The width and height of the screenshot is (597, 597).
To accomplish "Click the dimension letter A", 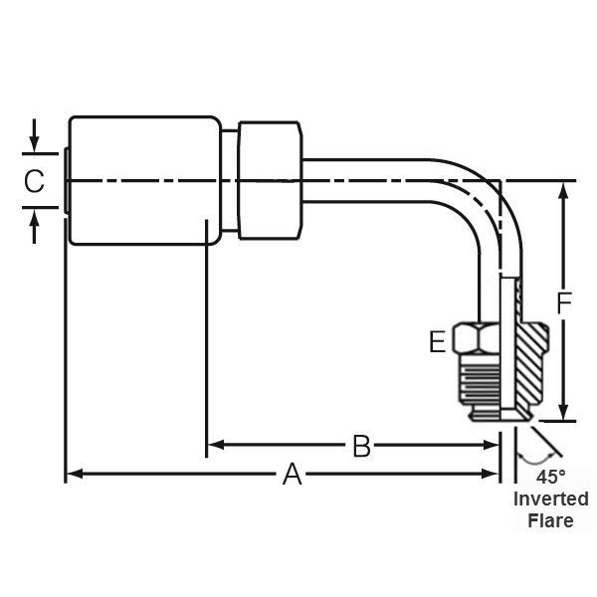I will click(292, 475).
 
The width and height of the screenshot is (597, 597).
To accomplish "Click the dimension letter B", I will click(362, 447).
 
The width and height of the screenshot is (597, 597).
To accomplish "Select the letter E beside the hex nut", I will click(437, 343).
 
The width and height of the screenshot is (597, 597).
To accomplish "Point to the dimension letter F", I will click(565, 303).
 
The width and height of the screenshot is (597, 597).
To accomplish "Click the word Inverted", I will click(550, 498).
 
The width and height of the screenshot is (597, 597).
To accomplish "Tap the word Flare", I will click(550, 520).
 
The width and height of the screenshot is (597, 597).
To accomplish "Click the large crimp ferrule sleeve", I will click(143, 181).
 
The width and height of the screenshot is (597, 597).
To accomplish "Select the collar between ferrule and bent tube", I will click(270, 181).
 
